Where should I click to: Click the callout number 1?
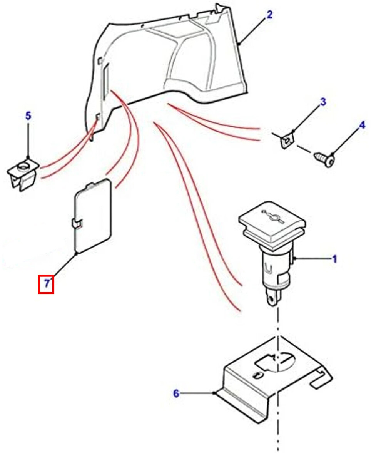[334, 259]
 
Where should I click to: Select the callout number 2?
[269, 15]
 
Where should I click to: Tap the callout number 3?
[323, 102]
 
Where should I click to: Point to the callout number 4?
[362, 126]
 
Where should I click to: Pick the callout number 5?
[28, 116]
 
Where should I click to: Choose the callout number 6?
[176, 393]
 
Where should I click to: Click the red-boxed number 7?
[46, 284]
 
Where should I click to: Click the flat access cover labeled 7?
[92, 216]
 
